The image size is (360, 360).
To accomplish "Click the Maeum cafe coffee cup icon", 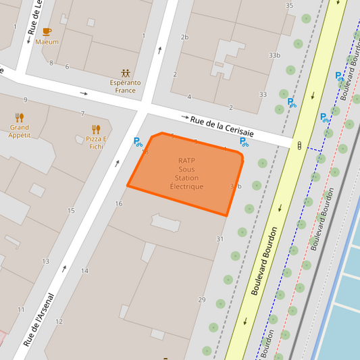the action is (x=47, y=32).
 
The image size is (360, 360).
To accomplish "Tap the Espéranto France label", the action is (x=126, y=86).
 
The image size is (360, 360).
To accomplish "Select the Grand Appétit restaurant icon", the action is (x=20, y=117).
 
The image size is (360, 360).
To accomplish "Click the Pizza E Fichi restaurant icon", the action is (x=96, y=129).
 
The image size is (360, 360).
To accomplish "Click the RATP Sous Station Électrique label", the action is (x=186, y=174).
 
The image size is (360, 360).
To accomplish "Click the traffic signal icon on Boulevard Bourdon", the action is (x=299, y=144).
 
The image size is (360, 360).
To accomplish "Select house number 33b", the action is (x=274, y=55).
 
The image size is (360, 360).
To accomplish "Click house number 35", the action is (x=289, y=5).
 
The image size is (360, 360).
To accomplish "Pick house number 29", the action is (x=201, y=300).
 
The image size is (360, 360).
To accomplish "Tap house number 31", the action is (x=220, y=239).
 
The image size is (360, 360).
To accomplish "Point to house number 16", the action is (x=119, y=203).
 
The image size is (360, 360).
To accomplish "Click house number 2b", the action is (x=184, y=36).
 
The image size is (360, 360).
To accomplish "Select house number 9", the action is (x=25, y=100).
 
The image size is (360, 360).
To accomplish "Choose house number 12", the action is (x=59, y=322).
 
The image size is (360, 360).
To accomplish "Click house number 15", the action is (x=71, y=211).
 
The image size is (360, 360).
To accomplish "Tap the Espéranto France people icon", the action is (x=126, y=72).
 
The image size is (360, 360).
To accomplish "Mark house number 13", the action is (x=46, y=261).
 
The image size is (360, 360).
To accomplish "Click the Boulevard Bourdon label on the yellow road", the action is (x=264, y=260).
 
